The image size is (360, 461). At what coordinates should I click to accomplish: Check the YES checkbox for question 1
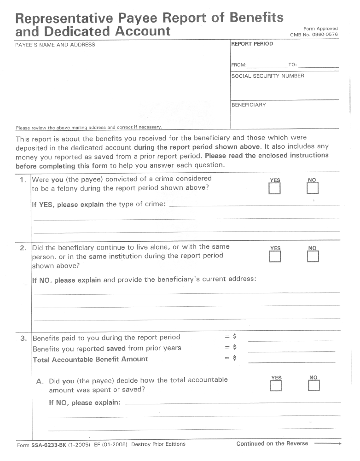[275, 189]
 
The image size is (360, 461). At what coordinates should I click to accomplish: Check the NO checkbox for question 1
[313, 188]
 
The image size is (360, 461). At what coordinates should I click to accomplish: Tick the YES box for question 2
[275, 257]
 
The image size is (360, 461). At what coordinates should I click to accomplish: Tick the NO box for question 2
[313, 257]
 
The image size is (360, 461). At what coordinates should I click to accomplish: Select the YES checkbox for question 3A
[276, 385]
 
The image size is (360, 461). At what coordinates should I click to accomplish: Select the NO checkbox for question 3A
[314, 385]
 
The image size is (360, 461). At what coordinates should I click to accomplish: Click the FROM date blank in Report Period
[267, 65]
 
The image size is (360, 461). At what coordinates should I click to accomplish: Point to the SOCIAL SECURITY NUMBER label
[267, 76]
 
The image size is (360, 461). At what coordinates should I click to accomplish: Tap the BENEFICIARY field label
[249, 105]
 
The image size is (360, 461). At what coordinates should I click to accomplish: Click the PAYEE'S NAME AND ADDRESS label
[55, 45]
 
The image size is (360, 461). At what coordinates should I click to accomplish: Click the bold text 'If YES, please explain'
[68, 205]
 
